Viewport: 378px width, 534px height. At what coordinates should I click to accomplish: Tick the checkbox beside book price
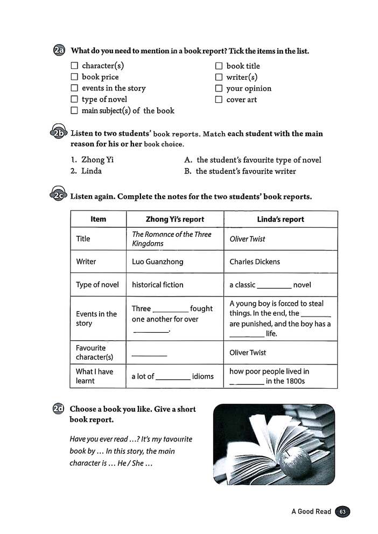coord(74,77)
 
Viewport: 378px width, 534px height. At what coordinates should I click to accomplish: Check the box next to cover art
coord(219,100)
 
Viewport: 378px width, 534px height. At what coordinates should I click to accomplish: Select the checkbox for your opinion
coord(219,88)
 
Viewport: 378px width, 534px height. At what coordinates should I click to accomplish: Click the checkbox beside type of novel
coord(74,100)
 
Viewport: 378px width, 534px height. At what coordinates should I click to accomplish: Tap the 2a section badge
coord(59,51)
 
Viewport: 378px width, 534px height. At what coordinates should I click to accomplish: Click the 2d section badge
coord(59,409)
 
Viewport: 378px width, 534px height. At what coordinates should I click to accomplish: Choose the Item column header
coord(98,219)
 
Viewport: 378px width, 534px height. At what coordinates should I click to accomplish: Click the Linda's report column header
coord(281,219)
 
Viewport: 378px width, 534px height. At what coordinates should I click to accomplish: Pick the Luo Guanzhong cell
coord(157,262)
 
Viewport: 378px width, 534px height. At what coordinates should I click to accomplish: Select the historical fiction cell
coord(157,285)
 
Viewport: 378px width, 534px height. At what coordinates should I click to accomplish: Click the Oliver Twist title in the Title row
coord(247,239)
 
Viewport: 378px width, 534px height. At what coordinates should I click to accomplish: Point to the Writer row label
coord(86,262)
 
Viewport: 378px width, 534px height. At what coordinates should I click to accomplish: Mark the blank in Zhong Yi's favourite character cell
coord(149,355)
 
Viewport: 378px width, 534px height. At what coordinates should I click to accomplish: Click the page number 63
coord(342,511)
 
